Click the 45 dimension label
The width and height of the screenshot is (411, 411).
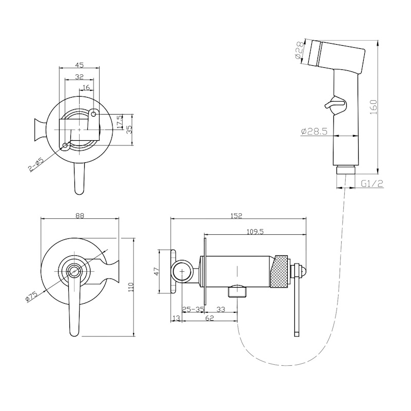tap(80, 65)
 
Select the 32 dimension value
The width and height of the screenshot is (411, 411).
tap(79, 77)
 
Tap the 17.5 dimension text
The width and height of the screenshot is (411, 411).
tap(120, 122)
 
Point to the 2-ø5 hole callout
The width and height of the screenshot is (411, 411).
tap(36, 164)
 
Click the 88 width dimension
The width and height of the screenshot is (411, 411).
tap(80, 215)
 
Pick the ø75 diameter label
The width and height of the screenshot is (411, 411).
tap(31, 296)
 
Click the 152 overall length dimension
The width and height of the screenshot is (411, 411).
tap(237, 216)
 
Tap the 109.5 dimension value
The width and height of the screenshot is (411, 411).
tap(255, 232)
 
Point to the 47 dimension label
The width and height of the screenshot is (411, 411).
tap(157, 271)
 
